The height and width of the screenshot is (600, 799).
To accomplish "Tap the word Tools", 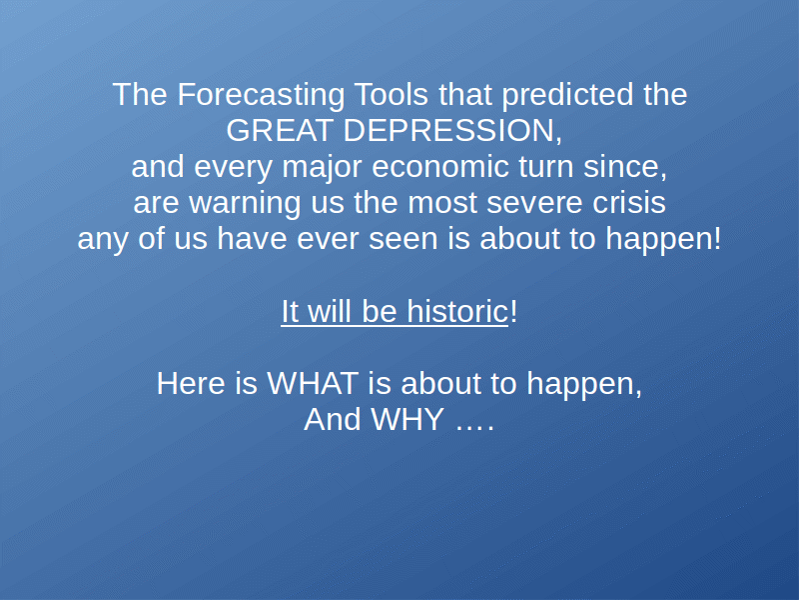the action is pos(391,94).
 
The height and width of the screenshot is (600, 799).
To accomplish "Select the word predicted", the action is pos(567,95).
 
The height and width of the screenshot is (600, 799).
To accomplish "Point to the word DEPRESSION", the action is pos(452,131).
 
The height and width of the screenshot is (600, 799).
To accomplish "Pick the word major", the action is pos(322,167).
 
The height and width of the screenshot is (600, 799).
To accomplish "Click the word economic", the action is pos(439,167).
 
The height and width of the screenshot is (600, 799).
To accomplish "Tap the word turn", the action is pos(545,167).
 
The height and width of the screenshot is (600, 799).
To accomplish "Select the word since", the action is pos(625,167).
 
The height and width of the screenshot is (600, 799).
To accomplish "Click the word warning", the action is pos(245,204).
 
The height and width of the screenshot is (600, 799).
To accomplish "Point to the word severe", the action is pos(534,203).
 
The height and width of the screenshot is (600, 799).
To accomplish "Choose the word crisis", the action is pos(628,203).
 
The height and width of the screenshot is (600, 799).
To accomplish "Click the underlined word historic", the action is pos(457,311).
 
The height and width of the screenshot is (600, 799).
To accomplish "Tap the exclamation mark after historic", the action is pos(513,311).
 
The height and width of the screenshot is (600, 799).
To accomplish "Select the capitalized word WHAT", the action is pos(313,383).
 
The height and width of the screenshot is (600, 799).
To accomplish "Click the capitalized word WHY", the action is pos(407,419).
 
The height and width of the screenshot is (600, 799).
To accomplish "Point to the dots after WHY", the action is pos(474,428).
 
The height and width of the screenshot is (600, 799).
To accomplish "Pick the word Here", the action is pos(191,383).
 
